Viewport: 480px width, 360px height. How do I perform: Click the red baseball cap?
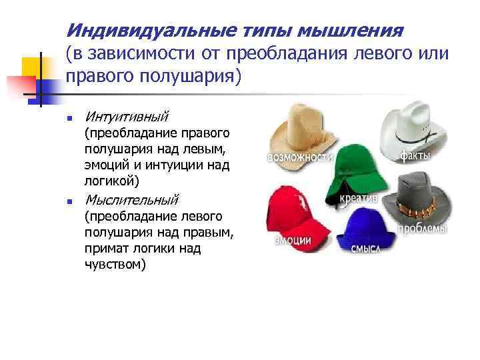(x=297, y=212)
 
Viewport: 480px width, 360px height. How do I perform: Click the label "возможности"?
(x=300, y=158)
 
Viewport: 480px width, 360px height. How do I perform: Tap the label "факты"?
(x=415, y=156)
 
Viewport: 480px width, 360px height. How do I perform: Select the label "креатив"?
(x=359, y=198)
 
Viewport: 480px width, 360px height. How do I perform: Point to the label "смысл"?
(x=365, y=248)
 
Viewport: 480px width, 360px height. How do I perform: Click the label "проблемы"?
(x=423, y=229)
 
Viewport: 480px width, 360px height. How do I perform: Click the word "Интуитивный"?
(x=127, y=116)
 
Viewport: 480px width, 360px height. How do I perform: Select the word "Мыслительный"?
(x=132, y=199)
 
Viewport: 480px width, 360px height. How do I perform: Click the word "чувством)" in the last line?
(x=115, y=264)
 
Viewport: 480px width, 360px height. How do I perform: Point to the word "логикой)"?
(x=112, y=181)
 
